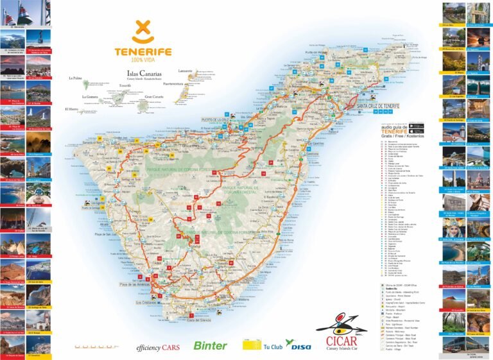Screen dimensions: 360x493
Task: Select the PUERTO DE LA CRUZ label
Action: coord(216,120)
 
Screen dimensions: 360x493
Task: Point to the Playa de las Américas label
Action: coord(134,266)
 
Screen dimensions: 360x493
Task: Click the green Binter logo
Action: coord(211,345)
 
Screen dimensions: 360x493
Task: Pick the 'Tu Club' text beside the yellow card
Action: coord(273,347)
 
